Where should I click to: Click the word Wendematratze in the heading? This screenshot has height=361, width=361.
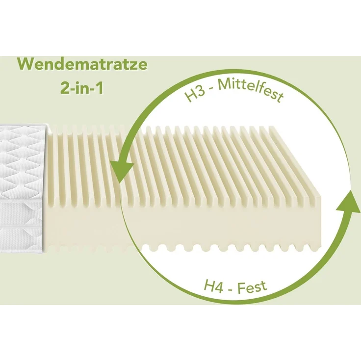point(82,64)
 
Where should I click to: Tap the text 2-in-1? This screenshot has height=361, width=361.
point(82,88)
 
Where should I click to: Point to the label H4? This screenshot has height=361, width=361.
point(213,286)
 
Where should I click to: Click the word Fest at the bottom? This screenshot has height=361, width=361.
point(252,287)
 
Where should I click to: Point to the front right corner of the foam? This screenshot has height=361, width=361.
point(321,198)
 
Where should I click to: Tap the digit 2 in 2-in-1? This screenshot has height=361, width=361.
point(64,88)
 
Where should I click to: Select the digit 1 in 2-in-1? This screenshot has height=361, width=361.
point(100,88)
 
